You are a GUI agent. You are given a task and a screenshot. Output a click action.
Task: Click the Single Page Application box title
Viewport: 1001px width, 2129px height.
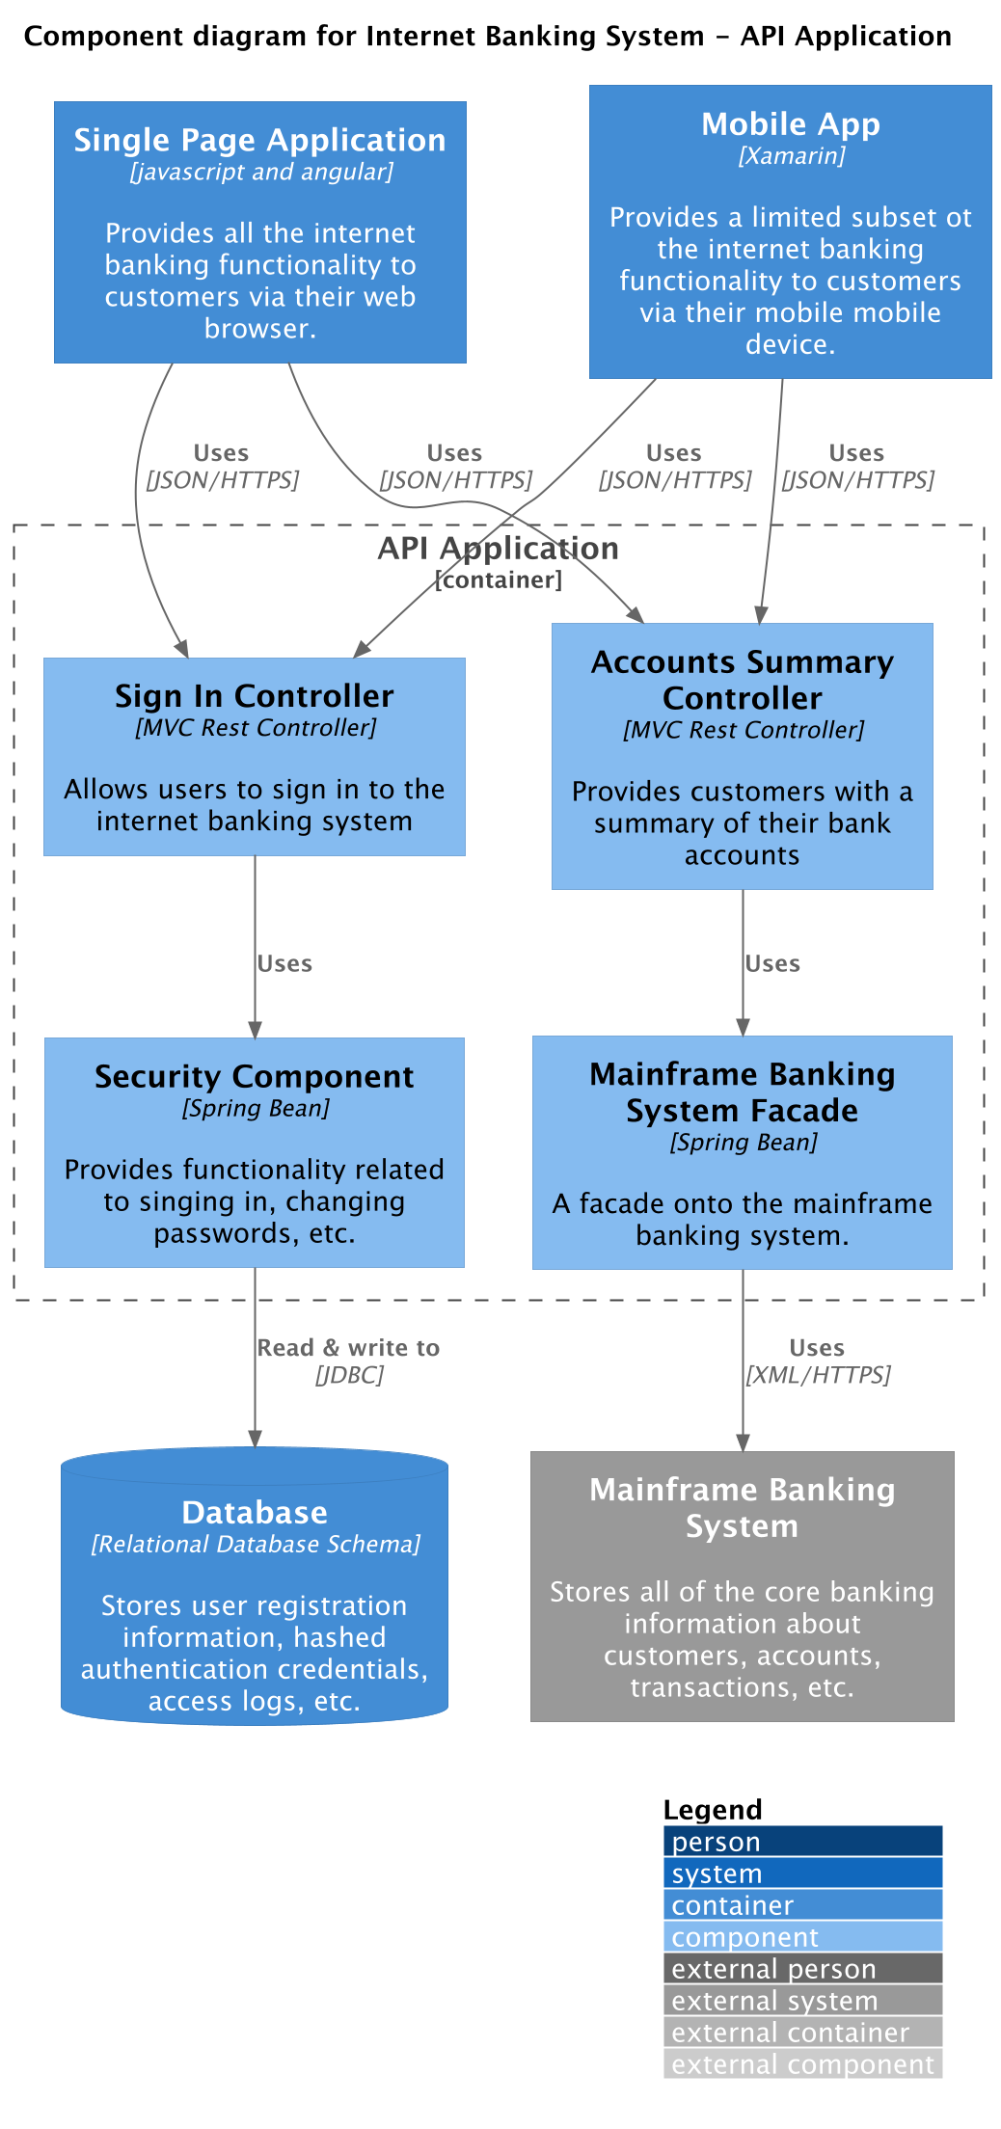point(259,141)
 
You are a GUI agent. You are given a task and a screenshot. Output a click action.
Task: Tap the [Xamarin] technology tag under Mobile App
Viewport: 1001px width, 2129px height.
point(791,156)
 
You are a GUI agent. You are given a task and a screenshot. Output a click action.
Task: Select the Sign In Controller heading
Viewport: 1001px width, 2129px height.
point(255,696)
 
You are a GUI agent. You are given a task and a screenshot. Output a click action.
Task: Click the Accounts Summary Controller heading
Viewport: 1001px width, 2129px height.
point(742,680)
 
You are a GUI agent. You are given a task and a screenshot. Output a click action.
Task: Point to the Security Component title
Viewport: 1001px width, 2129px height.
point(255,1077)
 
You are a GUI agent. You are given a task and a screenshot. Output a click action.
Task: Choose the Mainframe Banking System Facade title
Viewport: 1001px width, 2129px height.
point(742,1092)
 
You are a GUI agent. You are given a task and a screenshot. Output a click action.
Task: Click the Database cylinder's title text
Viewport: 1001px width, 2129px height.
point(255,1513)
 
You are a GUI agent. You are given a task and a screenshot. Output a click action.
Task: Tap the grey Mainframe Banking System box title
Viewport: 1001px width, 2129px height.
point(742,1508)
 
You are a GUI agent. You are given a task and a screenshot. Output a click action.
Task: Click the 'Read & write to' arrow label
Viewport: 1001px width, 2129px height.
point(348,1348)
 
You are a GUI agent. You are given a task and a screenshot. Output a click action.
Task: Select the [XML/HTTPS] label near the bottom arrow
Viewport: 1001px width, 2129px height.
point(818,1375)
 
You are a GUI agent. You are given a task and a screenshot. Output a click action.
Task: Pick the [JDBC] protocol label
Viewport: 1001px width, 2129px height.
point(349,1375)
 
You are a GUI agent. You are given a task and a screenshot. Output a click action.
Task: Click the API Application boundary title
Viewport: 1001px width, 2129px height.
point(498,549)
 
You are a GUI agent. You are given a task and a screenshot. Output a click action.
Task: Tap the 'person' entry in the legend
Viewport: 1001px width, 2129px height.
point(716,1843)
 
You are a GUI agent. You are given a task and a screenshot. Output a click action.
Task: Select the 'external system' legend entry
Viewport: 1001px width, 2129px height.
point(774,2002)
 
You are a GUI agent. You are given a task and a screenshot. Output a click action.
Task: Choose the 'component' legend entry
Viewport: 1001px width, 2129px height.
point(744,1938)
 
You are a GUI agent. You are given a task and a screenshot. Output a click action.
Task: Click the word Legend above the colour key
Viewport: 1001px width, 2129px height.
point(713,1810)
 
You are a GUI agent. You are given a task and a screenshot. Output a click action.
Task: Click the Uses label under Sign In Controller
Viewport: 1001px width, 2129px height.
point(284,964)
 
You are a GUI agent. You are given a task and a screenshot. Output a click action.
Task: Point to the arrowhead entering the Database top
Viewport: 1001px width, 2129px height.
point(255,1439)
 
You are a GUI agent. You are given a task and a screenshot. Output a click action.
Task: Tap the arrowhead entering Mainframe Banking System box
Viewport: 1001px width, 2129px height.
point(743,1442)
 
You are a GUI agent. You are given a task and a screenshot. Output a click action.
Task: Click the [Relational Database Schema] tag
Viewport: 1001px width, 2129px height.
point(256,1545)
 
